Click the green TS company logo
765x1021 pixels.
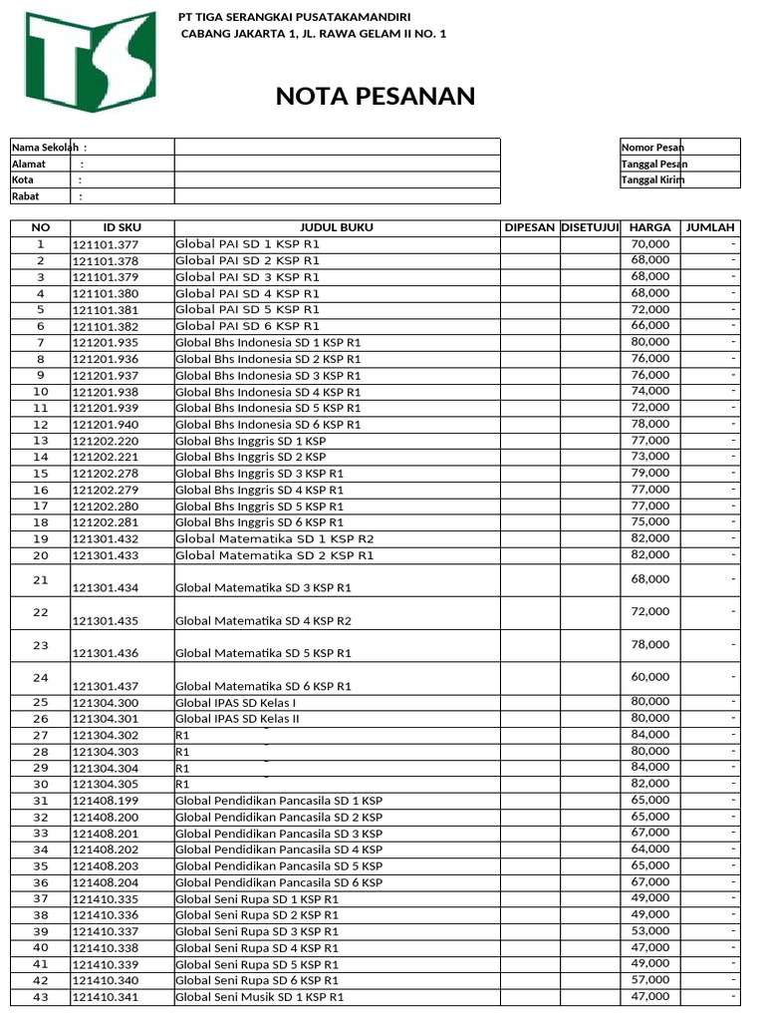(91, 62)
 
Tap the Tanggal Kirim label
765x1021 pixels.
(652, 180)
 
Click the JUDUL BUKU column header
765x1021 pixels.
(337, 227)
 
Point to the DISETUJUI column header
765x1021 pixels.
(590, 227)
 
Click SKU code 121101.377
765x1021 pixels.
(106, 244)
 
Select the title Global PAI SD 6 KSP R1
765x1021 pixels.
(248, 326)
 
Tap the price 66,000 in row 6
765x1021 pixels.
(649, 325)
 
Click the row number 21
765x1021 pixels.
(41, 579)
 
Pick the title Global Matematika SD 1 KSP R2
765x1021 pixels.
(275, 538)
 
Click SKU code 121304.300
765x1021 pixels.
(106, 703)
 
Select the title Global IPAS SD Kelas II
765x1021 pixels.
(238, 719)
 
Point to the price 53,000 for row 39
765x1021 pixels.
(649, 930)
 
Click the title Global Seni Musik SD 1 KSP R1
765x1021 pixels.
(259, 997)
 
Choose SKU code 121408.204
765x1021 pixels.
(106, 882)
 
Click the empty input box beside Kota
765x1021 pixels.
(337, 179)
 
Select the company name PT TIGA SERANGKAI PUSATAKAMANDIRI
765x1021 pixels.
(294, 17)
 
